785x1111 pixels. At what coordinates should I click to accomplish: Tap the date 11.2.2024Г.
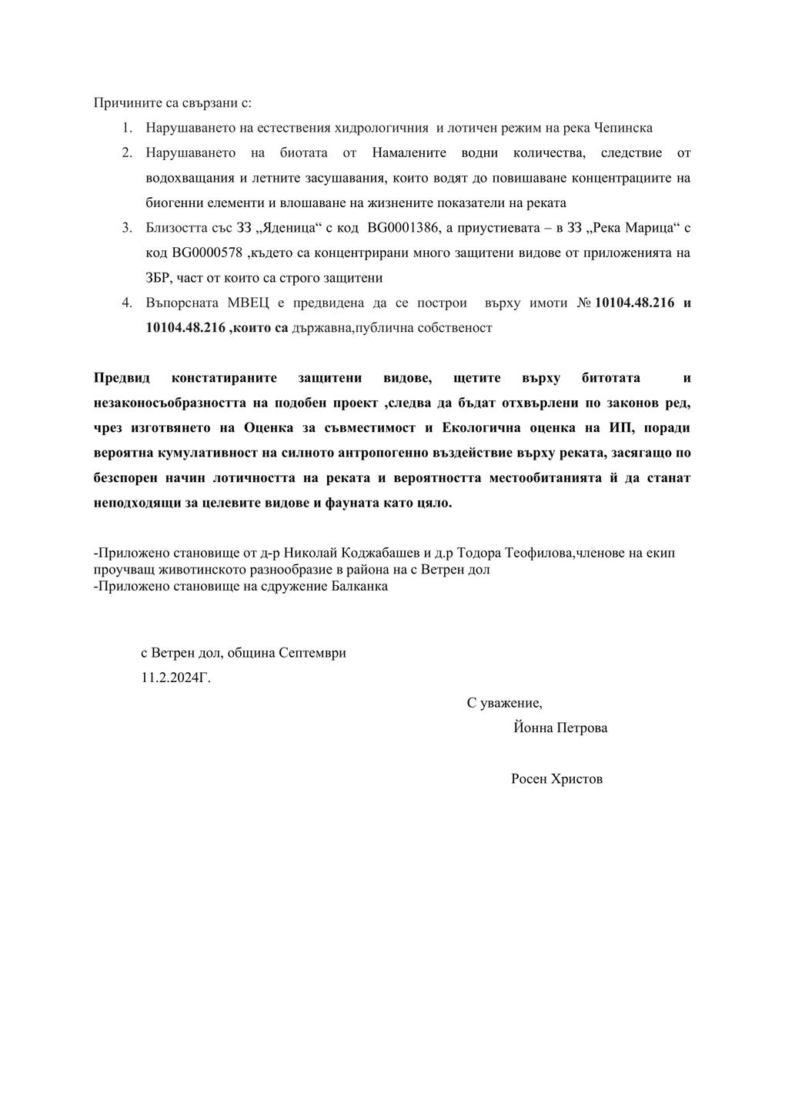[175, 678]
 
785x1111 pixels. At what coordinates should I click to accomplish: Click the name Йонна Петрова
[560, 728]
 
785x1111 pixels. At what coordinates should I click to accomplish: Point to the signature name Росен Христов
[556, 779]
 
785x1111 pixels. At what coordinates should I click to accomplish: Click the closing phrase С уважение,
[504, 703]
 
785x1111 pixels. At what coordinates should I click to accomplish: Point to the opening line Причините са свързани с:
[172, 102]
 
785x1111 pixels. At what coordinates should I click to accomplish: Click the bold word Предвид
[122, 378]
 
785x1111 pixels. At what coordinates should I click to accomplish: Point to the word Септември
[312, 653]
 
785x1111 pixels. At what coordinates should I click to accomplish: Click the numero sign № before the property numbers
[583, 303]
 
